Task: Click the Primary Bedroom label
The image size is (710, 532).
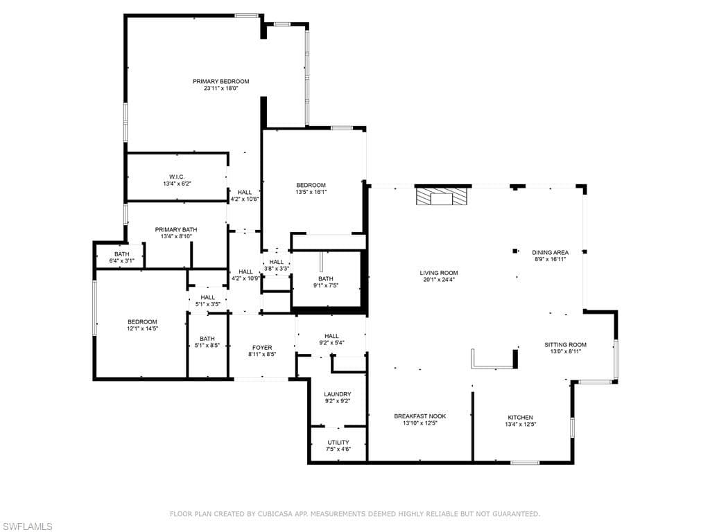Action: [x=220, y=82]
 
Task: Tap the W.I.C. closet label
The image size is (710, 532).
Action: [x=176, y=177]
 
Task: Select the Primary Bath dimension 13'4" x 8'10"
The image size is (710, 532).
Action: [x=176, y=236]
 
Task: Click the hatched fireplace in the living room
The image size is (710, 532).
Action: [x=442, y=197]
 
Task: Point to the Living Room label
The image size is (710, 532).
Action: [x=438, y=273]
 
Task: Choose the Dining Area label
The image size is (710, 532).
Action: [x=550, y=253]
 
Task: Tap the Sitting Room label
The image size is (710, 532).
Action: [x=565, y=345]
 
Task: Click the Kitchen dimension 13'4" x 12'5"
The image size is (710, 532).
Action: [x=520, y=425]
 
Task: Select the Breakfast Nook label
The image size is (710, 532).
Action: [x=419, y=416]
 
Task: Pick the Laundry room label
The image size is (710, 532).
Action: [x=337, y=394]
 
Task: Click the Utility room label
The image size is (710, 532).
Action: [x=338, y=442]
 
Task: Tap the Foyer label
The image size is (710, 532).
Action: [x=262, y=348]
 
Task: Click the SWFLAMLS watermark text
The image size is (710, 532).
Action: [x=28, y=527]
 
